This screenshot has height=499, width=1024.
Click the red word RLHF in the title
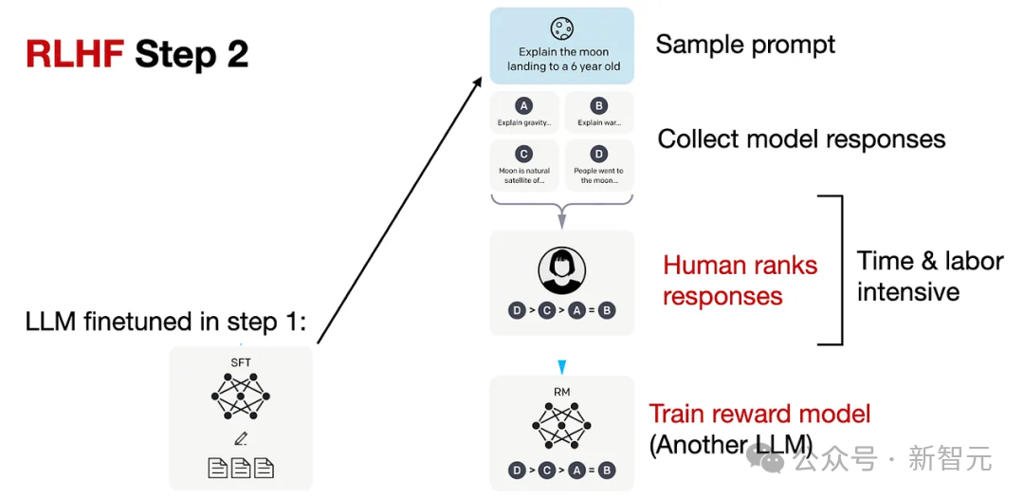(76, 54)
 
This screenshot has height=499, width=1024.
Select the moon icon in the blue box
(562, 28)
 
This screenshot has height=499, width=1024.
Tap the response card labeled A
(524, 112)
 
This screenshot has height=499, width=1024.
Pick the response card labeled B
(598, 112)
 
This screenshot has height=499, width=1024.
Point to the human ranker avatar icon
(561, 271)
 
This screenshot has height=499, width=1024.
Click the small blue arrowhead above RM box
(561, 366)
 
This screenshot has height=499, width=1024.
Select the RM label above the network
(561, 391)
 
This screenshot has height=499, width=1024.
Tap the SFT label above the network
(241, 362)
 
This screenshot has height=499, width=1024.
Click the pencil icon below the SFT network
(241, 438)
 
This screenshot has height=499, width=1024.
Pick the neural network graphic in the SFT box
(241, 396)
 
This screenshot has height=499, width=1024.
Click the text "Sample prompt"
(745, 45)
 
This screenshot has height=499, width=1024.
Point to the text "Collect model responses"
(801, 139)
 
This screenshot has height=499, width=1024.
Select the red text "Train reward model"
(759, 414)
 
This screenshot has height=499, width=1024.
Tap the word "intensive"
(907, 291)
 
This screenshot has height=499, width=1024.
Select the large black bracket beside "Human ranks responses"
(834, 269)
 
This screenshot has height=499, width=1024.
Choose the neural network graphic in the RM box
(561, 426)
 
